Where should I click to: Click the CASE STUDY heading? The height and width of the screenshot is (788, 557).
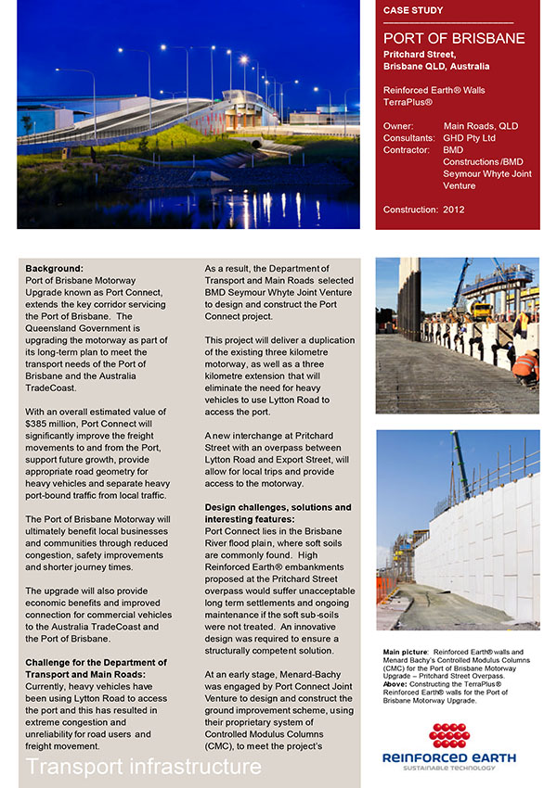tap(413, 11)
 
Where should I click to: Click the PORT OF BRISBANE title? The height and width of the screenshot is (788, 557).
tap(454, 39)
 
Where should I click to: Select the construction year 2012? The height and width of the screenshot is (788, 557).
tap(454, 210)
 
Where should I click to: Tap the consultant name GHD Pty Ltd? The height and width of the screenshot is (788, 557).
tap(470, 137)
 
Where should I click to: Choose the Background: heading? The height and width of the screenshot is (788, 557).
tap(54, 268)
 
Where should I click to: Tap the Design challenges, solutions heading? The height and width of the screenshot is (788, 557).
tap(278, 507)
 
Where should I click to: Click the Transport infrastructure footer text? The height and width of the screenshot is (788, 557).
tap(144, 767)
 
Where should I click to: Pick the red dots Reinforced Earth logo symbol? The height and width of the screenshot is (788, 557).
tap(449, 736)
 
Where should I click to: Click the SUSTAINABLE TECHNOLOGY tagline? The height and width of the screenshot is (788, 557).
tap(449, 768)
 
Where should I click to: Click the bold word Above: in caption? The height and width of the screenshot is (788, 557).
tap(397, 685)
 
